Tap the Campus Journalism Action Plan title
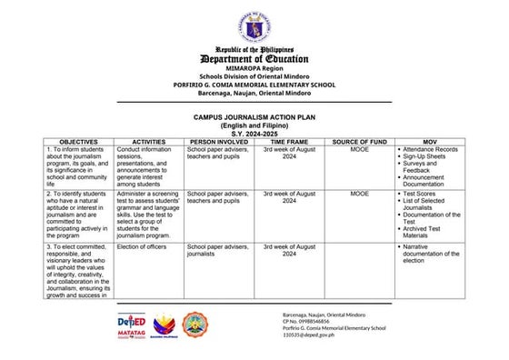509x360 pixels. (254, 117)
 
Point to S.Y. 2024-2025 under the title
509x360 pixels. (254, 133)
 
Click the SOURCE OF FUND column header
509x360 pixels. (360, 143)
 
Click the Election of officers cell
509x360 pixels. (140, 246)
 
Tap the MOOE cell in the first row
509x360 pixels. (360, 149)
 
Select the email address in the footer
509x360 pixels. (309, 335)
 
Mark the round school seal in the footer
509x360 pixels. (195, 325)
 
